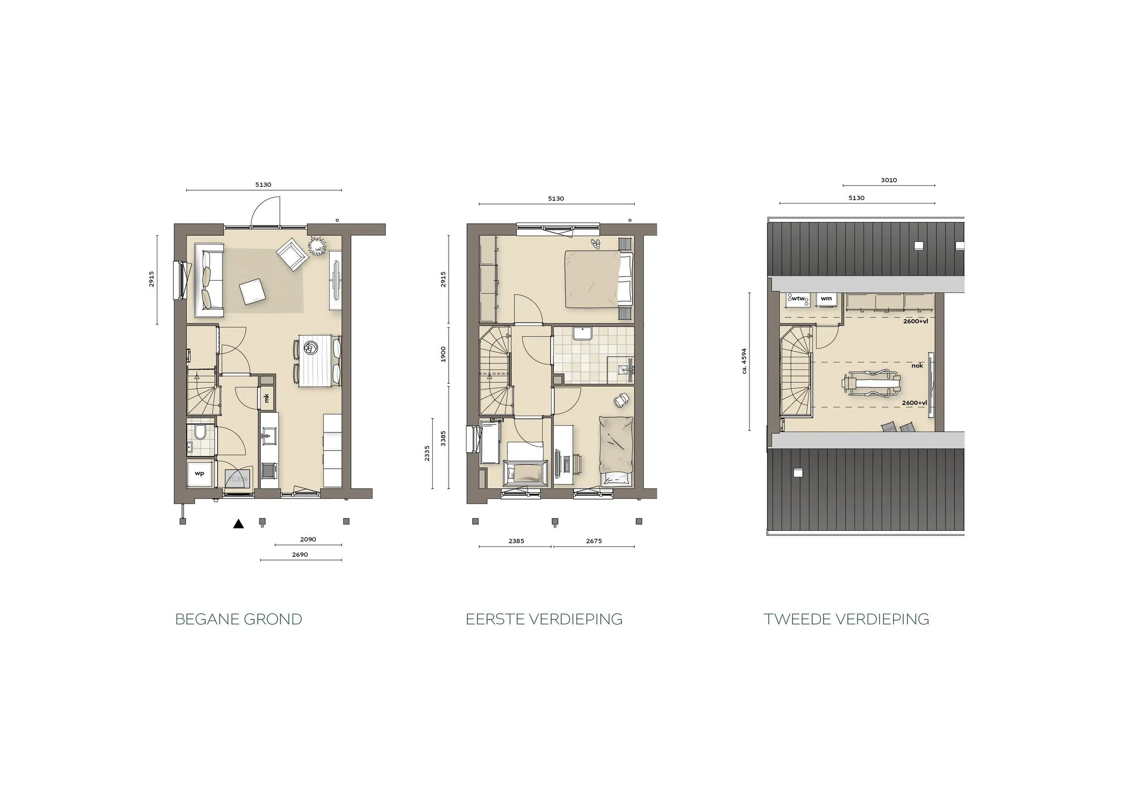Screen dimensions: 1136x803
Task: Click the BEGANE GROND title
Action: point(239,619)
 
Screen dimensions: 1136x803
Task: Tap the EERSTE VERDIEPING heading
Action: point(544,619)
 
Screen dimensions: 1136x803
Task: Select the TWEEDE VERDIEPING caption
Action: point(847,619)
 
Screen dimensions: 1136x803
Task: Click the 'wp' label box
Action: point(199,473)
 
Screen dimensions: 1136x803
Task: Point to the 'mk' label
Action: point(267,398)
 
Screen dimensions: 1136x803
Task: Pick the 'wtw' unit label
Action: point(798,299)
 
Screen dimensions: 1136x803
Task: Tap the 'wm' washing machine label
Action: point(826,299)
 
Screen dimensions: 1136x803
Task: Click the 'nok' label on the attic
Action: point(917,365)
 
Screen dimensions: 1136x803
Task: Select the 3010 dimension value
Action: point(889,180)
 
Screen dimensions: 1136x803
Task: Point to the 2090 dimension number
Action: point(308,539)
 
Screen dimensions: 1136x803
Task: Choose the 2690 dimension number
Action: point(300,554)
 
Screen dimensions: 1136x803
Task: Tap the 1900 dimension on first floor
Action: point(443,354)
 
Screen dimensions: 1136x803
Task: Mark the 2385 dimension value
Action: point(516,541)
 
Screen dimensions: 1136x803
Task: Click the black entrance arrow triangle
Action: point(239,523)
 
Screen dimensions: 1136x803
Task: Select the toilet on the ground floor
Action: point(200,433)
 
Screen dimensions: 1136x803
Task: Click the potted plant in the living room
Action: point(317,246)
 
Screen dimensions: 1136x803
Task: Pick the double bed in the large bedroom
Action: point(599,279)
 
